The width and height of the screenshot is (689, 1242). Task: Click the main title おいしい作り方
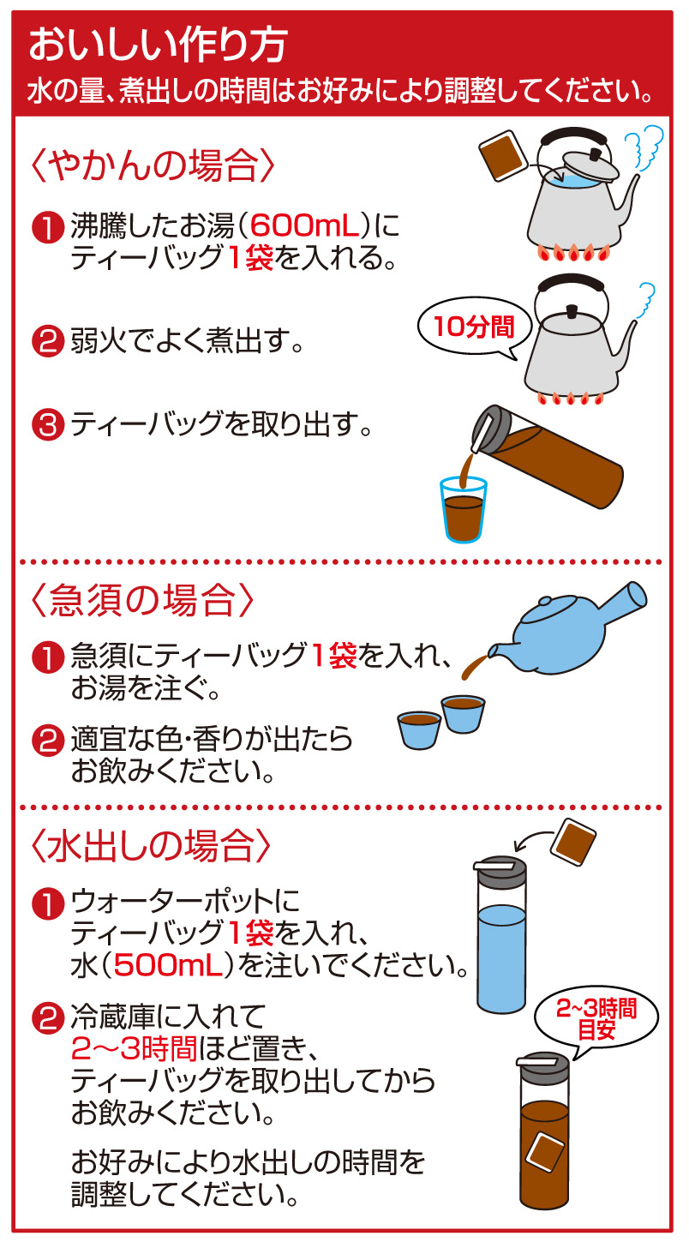point(159,45)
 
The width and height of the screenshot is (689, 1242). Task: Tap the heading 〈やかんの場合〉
point(153,165)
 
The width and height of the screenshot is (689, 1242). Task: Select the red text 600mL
point(303,225)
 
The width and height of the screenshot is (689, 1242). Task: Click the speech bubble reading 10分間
point(475,327)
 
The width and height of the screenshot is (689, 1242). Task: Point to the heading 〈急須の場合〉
point(142,600)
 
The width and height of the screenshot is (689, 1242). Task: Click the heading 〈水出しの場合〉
point(151,845)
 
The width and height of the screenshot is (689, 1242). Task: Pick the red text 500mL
point(169,965)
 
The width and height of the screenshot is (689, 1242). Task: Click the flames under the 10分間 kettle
point(571,398)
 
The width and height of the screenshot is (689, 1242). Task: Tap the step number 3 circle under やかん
point(48,426)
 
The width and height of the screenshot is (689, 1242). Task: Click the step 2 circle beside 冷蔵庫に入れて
point(48,1019)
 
